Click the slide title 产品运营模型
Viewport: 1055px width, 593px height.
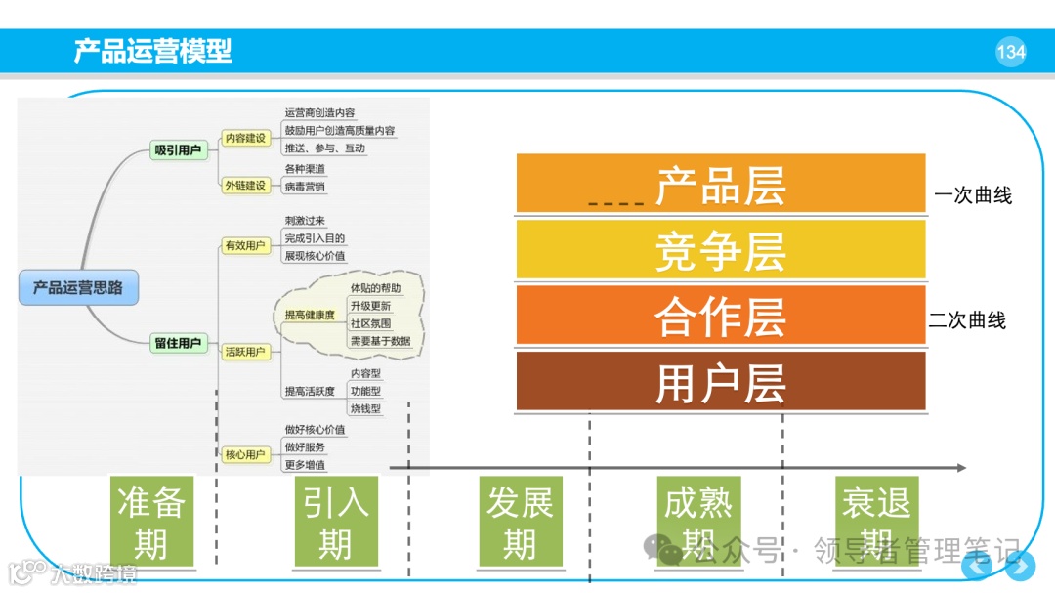coord(153,51)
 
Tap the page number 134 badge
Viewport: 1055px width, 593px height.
coord(1010,52)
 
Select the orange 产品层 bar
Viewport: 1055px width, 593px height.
coord(720,184)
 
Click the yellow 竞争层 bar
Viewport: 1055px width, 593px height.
coord(720,249)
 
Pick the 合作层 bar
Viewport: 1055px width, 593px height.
coord(720,315)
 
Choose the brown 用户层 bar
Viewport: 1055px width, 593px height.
coord(720,381)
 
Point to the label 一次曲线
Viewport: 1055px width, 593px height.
coord(972,195)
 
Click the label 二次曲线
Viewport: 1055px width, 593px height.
coord(966,320)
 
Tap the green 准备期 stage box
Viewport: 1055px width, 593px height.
coord(151,522)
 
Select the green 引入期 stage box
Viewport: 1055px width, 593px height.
coord(335,522)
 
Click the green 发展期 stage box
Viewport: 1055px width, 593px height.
coord(520,522)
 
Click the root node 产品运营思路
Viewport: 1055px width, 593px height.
coord(78,288)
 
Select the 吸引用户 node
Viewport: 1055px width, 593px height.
coord(178,150)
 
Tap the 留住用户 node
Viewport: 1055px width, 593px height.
coord(178,343)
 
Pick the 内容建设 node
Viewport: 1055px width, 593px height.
coord(244,139)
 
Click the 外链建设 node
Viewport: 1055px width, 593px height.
coord(244,185)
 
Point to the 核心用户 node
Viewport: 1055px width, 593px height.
coord(244,454)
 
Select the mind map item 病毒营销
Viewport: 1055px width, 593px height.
coord(305,187)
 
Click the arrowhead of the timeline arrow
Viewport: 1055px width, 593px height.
coord(961,468)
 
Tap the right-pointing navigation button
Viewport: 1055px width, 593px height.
coord(1021,566)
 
